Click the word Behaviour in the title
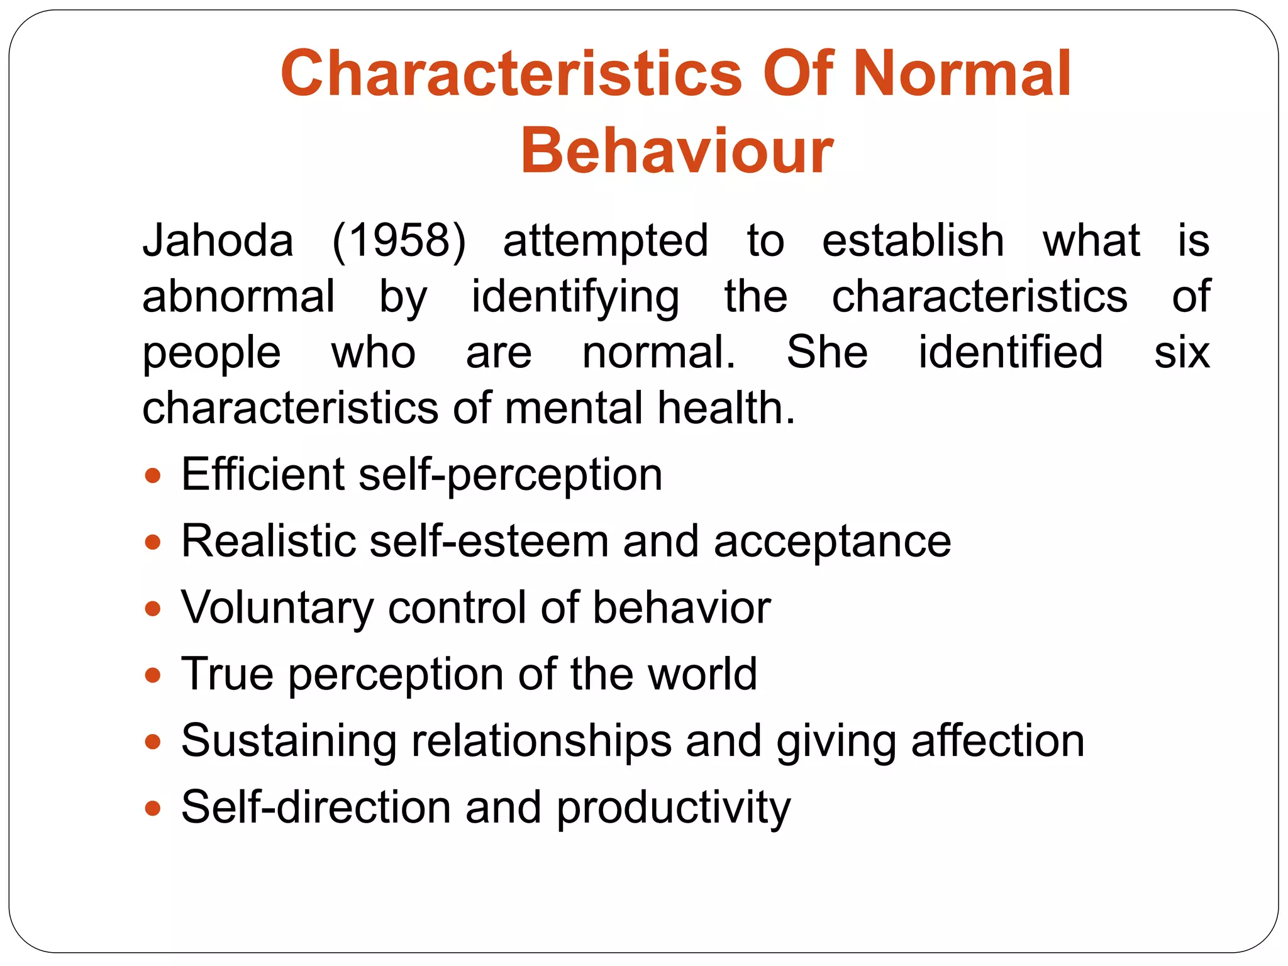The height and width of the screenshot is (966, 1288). pos(677,151)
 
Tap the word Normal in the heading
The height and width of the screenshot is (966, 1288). pos(962,74)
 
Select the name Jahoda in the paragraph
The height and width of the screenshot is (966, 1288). pos(218,241)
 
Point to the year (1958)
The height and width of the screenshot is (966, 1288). pos(399,241)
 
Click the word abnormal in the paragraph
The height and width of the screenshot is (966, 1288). pos(238,296)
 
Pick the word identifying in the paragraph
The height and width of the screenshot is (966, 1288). pos(575,297)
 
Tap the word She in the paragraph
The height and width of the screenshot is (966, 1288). pos(827,352)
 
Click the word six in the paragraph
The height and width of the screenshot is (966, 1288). pos(1181,352)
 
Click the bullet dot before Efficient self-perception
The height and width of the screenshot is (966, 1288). pos(153,475)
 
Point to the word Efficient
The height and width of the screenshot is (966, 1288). pos(262,474)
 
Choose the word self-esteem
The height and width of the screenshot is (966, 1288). pos(489,541)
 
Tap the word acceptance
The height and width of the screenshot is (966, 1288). pos(832,542)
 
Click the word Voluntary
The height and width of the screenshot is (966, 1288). pos(277,609)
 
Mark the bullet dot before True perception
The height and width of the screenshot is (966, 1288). pos(153,675)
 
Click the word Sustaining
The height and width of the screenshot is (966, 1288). pos(289,741)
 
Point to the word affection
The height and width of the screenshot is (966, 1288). pos(997,741)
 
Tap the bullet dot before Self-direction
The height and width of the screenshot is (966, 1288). pos(153,808)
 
